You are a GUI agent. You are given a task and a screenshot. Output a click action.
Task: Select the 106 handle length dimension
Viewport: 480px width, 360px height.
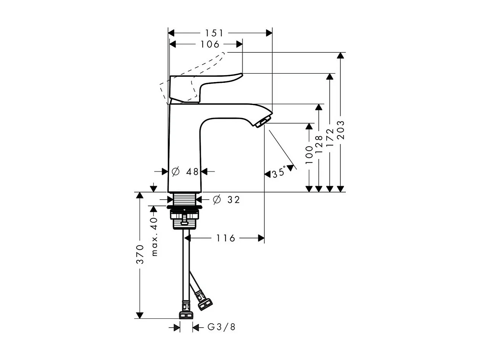[x=210, y=45]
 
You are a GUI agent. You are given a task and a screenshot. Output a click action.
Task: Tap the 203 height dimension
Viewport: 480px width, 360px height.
[x=341, y=130]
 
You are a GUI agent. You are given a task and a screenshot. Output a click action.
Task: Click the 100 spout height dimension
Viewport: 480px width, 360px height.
[x=309, y=152]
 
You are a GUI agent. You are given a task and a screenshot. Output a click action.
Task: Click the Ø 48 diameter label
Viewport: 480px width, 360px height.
[x=186, y=172]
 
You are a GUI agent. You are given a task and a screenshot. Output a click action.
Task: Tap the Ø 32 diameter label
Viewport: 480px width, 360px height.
[x=227, y=199]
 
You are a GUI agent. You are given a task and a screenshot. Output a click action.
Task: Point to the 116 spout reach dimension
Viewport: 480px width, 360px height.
[x=226, y=238]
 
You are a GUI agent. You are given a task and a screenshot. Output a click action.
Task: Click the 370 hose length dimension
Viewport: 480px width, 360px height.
[x=140, y=254]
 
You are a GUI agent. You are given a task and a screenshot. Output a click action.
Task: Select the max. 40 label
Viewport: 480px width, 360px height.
[x=154, y=237]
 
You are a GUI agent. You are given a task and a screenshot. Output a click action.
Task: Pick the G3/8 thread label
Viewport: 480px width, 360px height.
[x=221, y=327]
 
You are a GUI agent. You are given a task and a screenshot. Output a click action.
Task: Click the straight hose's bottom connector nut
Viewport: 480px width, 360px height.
[x=186, y=315]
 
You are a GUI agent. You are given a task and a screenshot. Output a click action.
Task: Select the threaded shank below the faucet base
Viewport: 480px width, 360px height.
[x=185, y=199]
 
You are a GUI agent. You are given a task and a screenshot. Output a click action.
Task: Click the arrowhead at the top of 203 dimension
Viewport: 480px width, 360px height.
[x=341, y=55]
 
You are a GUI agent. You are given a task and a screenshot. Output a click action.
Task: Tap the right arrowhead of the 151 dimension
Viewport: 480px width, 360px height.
[x=269, y=33]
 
